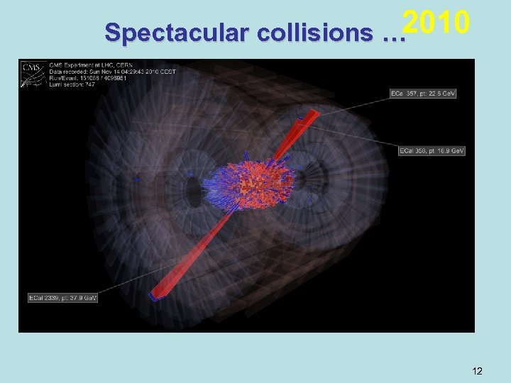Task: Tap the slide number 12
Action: (x=477, y=370)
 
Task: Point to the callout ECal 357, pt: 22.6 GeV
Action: (x=422, y=94)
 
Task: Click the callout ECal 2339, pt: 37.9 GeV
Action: (x=62, y=297)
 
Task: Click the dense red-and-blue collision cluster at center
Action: (x=252, y=186)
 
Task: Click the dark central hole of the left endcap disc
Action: (x=192, y=190)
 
